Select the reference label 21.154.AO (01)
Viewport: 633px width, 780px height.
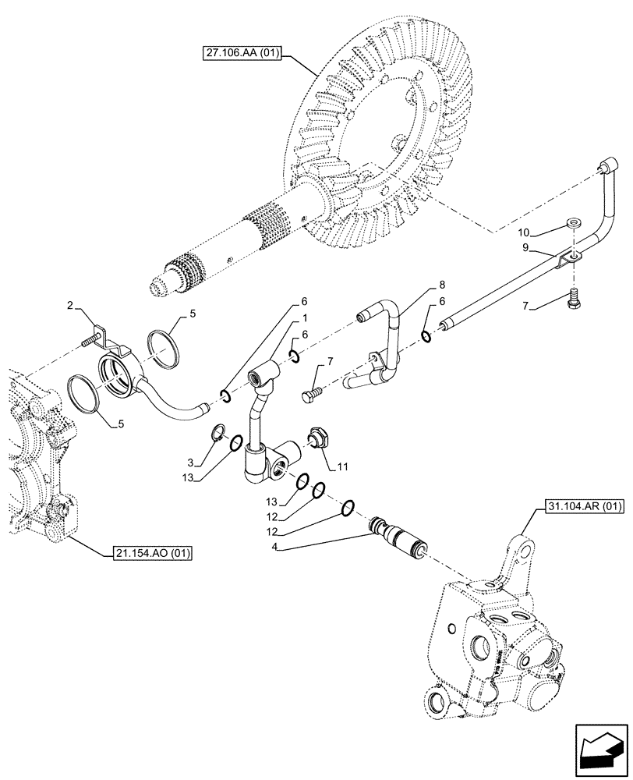point(148,552)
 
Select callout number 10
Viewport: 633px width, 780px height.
point(525,232)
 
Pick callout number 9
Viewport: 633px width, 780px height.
point(526,248)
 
